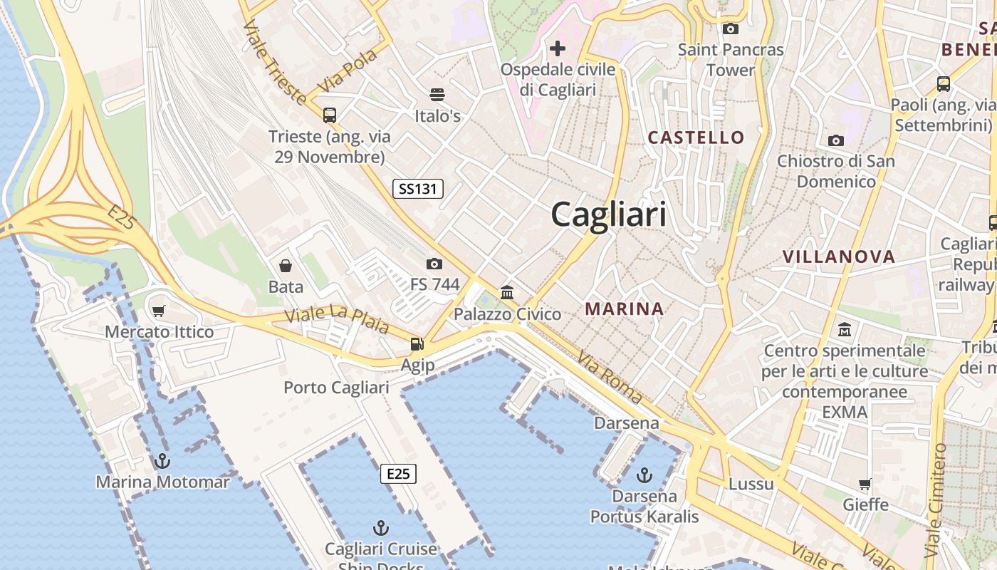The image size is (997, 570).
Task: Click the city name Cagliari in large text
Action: click(609, 214)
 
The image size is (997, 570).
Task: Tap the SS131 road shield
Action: click(418, 189)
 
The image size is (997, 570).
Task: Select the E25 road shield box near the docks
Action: click(398, 474)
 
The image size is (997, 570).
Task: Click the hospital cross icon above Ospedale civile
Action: click(558, 48)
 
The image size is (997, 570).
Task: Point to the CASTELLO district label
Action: click(696, 138)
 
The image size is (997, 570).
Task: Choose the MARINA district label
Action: click(625, 309)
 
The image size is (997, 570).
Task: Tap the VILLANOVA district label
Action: click(838, 256)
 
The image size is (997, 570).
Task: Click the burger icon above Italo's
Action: click(437, 95)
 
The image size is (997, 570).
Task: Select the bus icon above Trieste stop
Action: click(330, 115)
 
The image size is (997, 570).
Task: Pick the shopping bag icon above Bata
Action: click(286, 266)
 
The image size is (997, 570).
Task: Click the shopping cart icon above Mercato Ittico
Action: click(159, 311)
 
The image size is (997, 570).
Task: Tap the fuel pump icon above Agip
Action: click(417, 344)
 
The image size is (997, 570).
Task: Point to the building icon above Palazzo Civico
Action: click(507, 292)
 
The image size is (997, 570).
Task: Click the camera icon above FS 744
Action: click(434, 264)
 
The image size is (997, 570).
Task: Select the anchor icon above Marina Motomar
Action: click(162, 461)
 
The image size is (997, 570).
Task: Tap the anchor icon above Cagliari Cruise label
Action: click(381, 528)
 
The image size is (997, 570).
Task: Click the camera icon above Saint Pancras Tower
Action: click(730, 28)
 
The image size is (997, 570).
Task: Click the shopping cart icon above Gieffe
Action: click(865, 484)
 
